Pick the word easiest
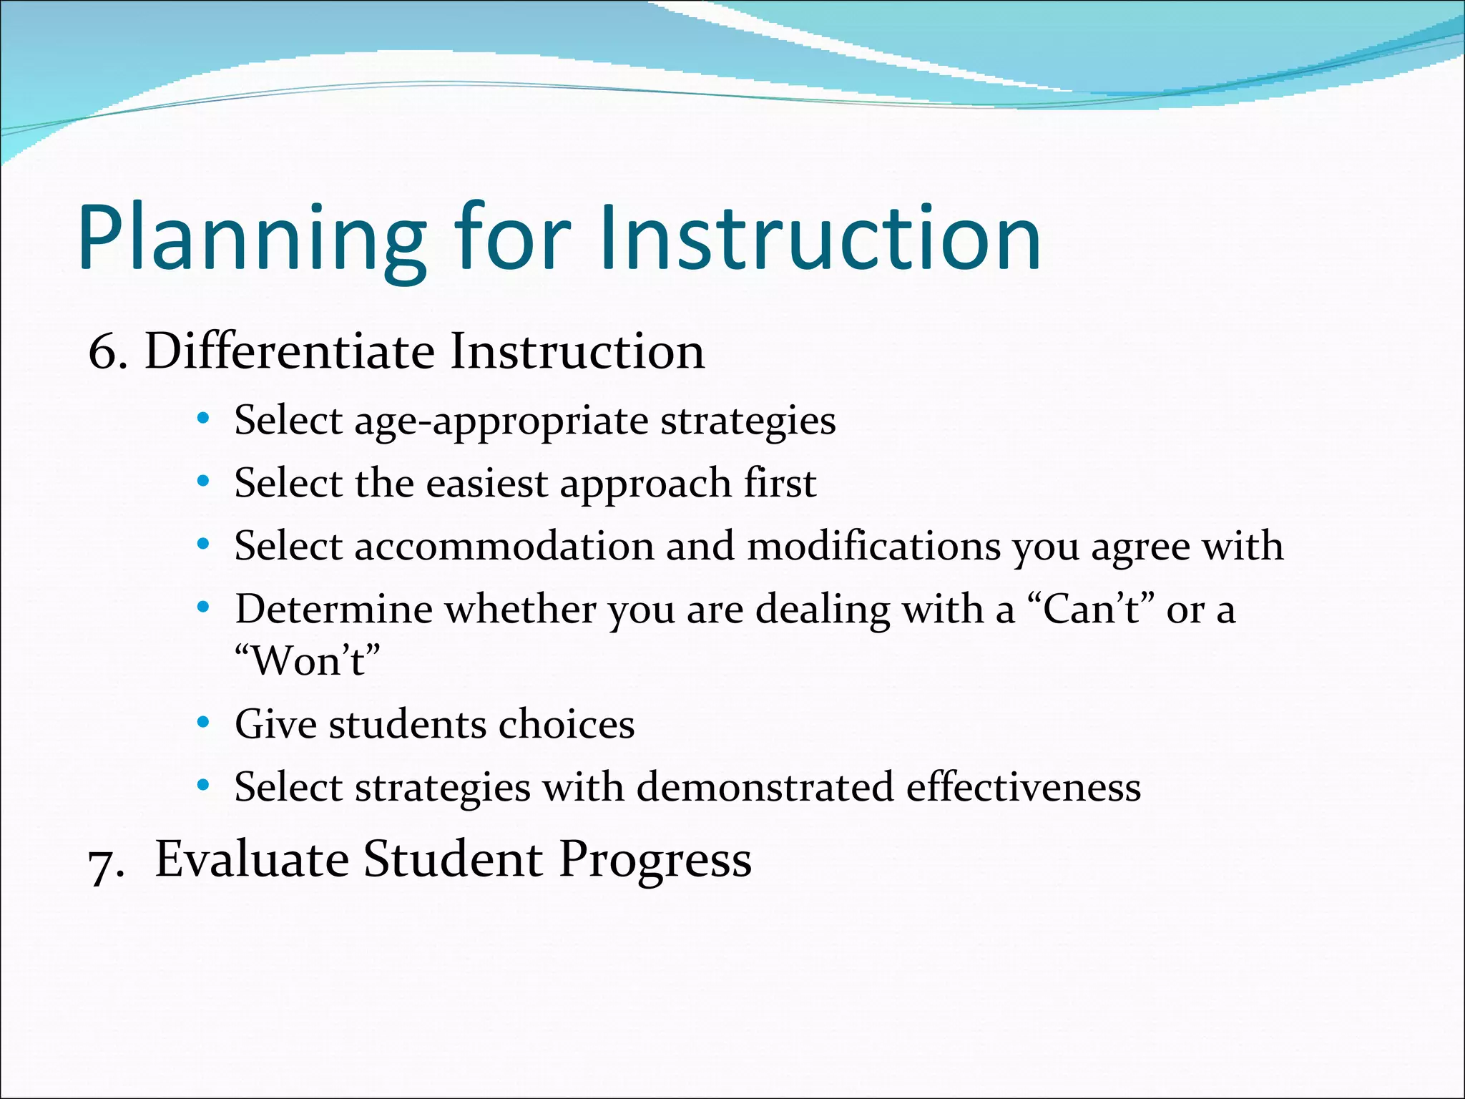[x=486, y=484]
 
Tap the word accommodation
[x=504, y=547]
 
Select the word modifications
[x=873, y=547]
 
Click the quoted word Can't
[x=1091, y=610]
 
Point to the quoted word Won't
[x=308, y=660]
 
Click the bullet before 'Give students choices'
[x=203, y=723]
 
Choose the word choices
[x=567, y=724]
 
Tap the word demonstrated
[x=765, y=787]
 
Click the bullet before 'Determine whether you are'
[x=203, y=608]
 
